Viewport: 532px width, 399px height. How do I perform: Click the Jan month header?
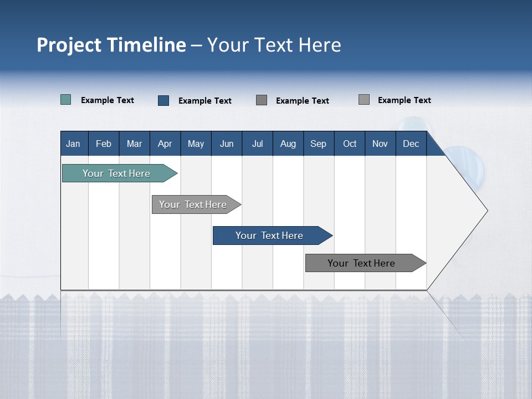[74, 144]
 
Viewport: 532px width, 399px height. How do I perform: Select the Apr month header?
[165, 144]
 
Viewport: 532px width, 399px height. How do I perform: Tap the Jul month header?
[257, 144]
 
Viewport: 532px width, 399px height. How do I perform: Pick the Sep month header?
[319, 144]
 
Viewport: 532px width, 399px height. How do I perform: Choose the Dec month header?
[411, 144]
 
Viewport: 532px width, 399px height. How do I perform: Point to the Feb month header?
[104, 144]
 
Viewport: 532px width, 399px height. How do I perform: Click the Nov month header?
[380, 144]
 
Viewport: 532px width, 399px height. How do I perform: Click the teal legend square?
[66, 100]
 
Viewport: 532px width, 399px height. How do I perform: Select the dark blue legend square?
[163, 100]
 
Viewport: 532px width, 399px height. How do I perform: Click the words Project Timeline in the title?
[111, 45]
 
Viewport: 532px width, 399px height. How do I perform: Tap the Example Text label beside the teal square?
[108, 100]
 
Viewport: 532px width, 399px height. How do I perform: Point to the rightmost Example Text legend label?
[404, 100]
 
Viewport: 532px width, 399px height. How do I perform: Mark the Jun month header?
[227, 144]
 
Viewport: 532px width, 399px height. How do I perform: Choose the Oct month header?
[350, 144]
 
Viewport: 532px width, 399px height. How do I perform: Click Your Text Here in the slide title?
[274, 45]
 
